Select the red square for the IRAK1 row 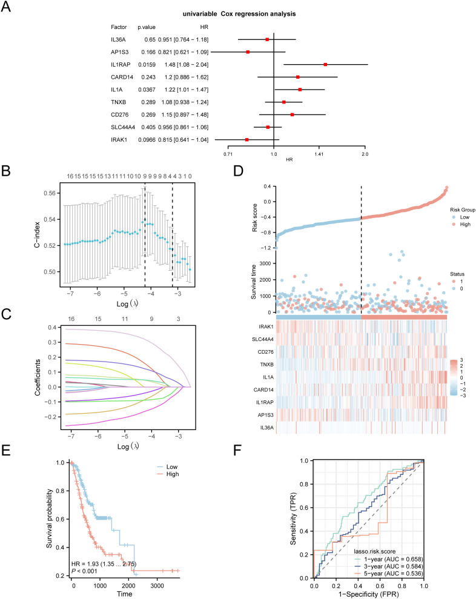(x=247, y=139)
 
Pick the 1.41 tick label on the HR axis (x=319, y=154)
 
